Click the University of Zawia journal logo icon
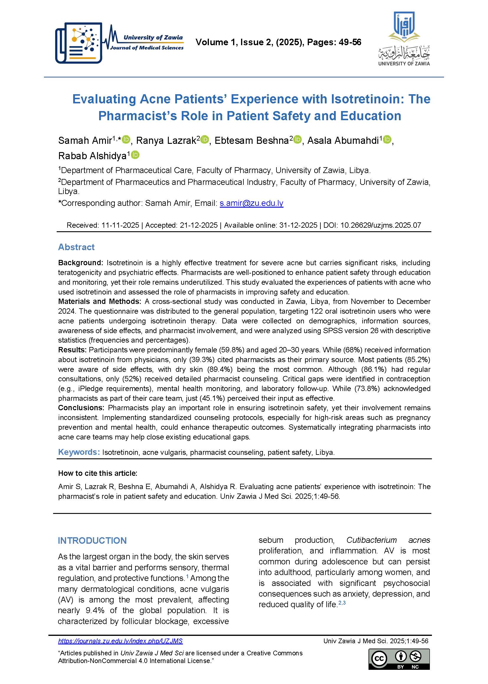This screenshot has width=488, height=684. tap(79, 43)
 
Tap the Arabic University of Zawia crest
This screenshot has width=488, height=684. tap(404, 38)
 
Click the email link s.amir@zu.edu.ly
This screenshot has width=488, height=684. tap(251, 203)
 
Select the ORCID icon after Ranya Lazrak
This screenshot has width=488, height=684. tap(204, 140)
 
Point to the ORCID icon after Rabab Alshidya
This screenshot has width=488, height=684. tap(135, 155)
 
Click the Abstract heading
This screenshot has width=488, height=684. tap(76, 247)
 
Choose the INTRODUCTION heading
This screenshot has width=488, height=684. tap(92, 540)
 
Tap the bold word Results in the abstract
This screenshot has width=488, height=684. tap(72, 350)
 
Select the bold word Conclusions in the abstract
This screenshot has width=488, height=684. tap(81, 408)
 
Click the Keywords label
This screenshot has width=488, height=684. tap(79, 452)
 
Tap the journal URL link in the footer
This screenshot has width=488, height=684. tap(120, 641)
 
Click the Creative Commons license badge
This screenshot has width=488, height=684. tap(399, 659)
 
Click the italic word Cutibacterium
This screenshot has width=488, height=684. tap(371, 540)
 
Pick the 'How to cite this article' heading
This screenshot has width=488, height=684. tap(98, 473)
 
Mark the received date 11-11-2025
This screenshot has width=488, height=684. tap(120, 225)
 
